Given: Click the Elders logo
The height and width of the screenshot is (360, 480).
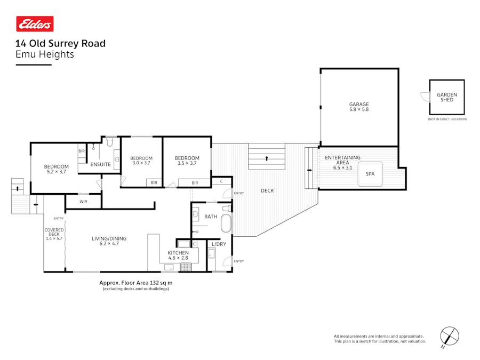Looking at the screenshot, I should click(x=35, y=24).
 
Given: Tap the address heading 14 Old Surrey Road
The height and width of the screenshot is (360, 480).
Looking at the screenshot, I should click(x=60, y=44).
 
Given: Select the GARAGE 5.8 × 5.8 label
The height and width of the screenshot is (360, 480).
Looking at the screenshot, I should click(x=359, y=107).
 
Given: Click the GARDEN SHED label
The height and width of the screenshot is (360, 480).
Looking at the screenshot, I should click(x=446, y=97).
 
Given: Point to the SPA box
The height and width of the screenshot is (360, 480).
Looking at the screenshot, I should click(x=370, y=174).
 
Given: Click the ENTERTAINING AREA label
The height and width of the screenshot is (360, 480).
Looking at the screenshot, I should click(x=342, y=160).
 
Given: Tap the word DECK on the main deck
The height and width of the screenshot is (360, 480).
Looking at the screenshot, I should click(x=267, y=190).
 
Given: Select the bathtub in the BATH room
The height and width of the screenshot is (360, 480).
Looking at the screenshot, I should click(x=227, y=224).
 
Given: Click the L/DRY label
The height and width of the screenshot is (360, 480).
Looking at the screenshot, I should click(x=219, y=244).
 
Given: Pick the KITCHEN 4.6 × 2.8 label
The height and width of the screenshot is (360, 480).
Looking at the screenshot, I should click(x=178, y=255).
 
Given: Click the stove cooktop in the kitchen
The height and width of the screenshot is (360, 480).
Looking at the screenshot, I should click(x=186, y=267).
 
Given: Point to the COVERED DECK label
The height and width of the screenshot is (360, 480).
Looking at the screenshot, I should click(x=54, y=234).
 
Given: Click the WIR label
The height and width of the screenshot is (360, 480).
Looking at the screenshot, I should click(x=83, y=202).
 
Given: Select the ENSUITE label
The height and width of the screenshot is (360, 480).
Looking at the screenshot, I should click(x=100, y=164).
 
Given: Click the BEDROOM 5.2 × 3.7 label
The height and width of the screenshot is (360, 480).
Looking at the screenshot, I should click(x=56, y=169).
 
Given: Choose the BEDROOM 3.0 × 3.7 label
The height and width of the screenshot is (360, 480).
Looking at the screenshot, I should click(x=141, y=161).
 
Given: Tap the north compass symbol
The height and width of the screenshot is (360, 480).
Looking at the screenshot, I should click(x=450, y=337).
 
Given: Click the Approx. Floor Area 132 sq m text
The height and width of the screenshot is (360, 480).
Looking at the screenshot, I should click(x=136, y=283).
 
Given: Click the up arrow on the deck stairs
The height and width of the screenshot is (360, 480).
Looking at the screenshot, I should click(x=267, y=158).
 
